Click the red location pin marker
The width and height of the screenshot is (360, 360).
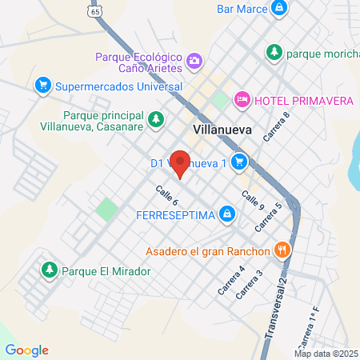click(x=181, y=163)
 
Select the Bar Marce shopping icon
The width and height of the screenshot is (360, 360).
click(x=278, y=10)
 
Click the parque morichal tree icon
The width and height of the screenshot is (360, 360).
click(x=274, y=52)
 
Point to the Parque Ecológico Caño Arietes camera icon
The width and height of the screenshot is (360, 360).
click(x=194, y=61)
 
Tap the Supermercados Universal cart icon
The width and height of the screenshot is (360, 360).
click(x=44, y=85)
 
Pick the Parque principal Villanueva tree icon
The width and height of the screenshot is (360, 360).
click(x=158, y=120)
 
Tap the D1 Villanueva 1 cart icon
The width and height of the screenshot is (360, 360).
click(x=238, y=162)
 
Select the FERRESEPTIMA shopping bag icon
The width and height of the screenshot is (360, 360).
click(x=228, y=214)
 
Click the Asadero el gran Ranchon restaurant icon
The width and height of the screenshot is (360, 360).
click(x=281, y=250)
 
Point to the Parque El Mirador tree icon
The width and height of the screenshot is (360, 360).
click(x=50, y=270)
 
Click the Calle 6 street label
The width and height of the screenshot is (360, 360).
click(x=166, y=195)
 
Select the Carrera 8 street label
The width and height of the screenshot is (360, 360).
click(x=276, y=125)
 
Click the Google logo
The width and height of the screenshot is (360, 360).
click(x=26, y=350)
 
